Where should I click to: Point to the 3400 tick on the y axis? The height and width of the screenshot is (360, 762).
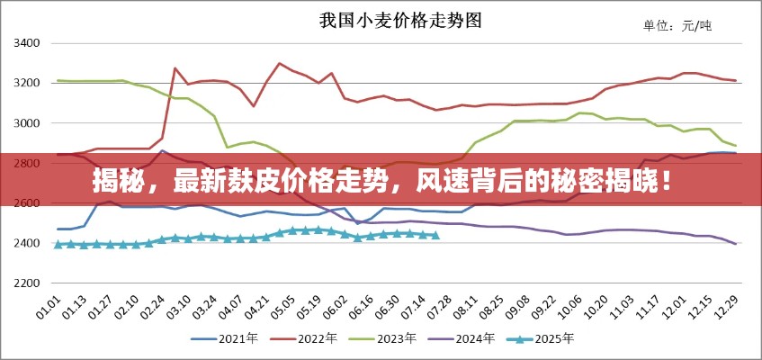(27, 43)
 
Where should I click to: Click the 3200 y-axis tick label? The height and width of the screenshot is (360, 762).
(27, 83)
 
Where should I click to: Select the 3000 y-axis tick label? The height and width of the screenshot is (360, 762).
(27, 123)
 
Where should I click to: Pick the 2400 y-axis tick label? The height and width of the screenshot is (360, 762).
(27, 243)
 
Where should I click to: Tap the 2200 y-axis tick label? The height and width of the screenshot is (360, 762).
(27, 283)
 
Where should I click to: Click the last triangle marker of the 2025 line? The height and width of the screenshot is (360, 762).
(435, 235)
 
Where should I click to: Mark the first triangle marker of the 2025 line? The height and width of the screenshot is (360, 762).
(58, 244)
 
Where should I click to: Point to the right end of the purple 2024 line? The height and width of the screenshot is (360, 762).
(735, 244)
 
